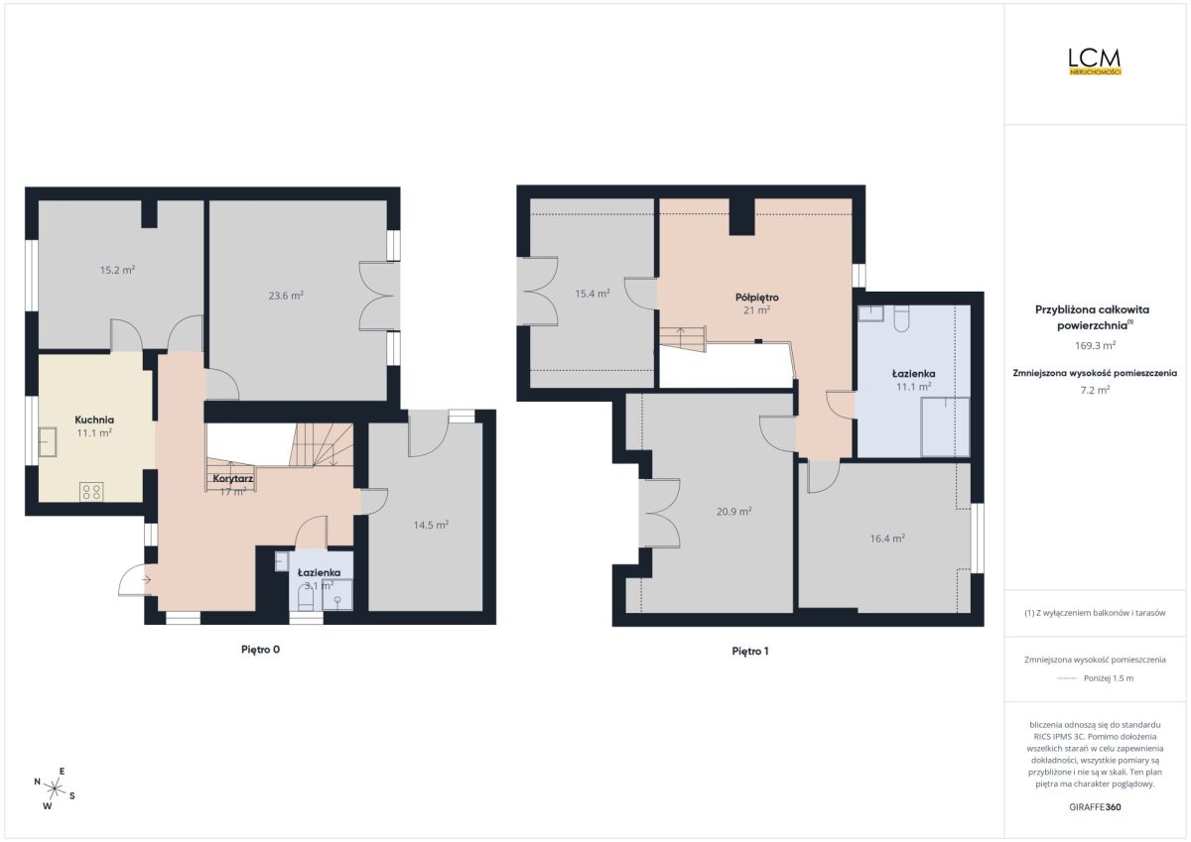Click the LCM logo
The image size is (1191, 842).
[1095, 61]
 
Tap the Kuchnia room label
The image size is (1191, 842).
[94, 420]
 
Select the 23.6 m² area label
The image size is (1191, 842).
[286, 296]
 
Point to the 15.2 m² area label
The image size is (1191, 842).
[117, 270]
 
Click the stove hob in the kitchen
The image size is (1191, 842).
[91, 491]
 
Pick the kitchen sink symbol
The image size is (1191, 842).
[48, 442]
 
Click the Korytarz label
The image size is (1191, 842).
[233, 479]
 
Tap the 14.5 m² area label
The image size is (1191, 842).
[431, 525]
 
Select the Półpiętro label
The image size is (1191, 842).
[756, 298]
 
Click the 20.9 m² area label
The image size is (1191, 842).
[733, 512]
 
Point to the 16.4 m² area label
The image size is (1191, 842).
[887, 539]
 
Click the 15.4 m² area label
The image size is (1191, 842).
[592, 294]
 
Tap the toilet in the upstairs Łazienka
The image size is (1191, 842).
[902, 318]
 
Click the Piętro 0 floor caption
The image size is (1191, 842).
[260, 650]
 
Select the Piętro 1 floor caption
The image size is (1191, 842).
[750, 651]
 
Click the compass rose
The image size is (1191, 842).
[55, 788]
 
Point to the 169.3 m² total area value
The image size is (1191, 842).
[1095, 345]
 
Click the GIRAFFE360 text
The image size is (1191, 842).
[1095, 807]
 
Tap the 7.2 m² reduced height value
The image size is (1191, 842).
[1095, 390]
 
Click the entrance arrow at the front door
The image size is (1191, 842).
[147, 579]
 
